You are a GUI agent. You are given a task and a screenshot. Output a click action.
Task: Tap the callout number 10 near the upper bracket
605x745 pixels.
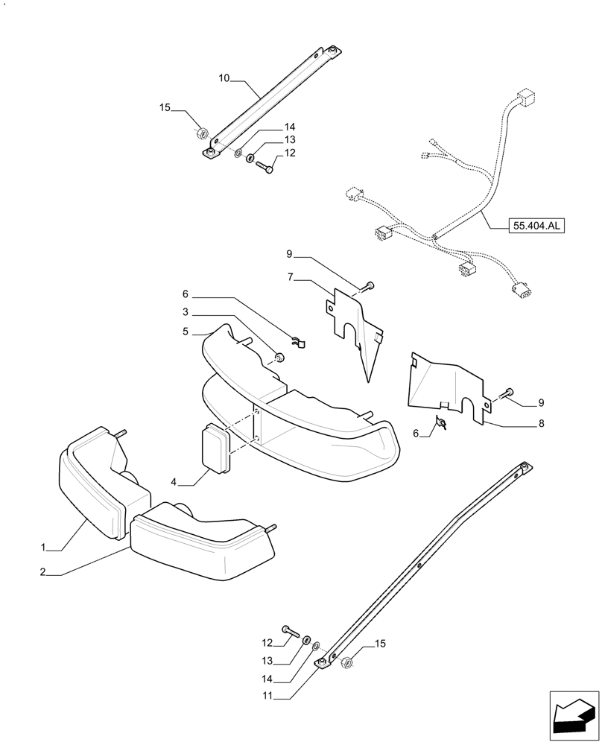pos(225,77)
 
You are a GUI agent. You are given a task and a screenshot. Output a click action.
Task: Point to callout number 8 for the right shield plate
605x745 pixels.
pos(541,423)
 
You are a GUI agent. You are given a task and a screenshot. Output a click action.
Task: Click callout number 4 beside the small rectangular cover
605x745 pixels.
pos(174,483)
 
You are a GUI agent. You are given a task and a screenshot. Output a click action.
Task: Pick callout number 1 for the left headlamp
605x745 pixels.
pos(44,548)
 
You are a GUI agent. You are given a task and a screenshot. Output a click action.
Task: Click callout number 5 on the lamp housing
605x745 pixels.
pos(186,332)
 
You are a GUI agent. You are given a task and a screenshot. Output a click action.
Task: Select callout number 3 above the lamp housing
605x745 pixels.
pos(186,312)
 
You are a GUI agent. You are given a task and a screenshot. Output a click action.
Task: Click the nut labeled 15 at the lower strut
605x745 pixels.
pos(346,662)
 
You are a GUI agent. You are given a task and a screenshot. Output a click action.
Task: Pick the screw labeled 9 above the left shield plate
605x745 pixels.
pos(369,286)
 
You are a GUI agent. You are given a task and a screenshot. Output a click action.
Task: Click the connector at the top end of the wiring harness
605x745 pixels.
pos(528,98)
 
